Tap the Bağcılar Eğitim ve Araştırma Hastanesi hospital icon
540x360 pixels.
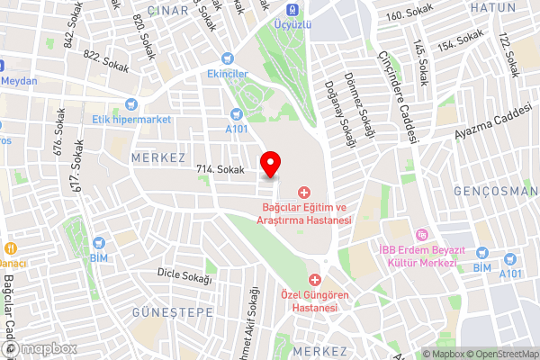click(x=303, y=192)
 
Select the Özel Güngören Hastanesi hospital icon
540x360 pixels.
click(x=315, y=279)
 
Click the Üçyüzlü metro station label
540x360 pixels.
click(x=294, y=25)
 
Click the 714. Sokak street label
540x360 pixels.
click(x=220, y=169)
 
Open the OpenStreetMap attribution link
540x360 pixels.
click(x=498, y=354)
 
